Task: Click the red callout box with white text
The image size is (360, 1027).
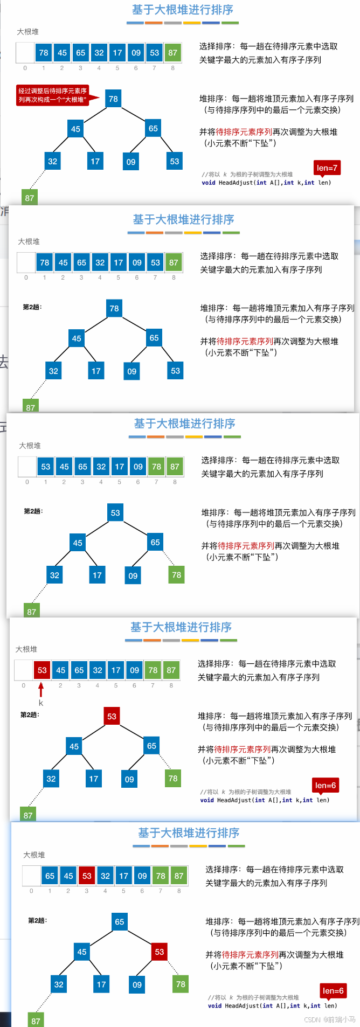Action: [x=53, y=95]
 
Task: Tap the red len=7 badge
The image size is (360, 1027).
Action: [x=327, y=168]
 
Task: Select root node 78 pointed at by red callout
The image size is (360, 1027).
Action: [x=113, y=99]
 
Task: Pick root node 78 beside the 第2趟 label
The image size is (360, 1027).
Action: [x=114, y=308]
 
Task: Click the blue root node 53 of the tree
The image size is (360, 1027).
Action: [x=115, y=512]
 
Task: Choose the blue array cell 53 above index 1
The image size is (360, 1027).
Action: [x=46, y=467]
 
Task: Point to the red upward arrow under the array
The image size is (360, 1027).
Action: [x=41, y=690]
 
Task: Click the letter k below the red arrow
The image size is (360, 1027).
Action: [x=41, y=703]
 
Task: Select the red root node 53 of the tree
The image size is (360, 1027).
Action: [x=112, y=716]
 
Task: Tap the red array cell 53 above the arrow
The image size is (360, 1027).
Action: [x=42, y=670]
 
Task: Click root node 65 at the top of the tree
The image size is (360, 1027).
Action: [x=120, y=921]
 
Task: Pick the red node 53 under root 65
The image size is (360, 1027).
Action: [x=160, y=952]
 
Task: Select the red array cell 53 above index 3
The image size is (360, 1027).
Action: [x=87, y=876]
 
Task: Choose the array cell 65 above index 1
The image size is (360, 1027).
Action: [x=50, y=876]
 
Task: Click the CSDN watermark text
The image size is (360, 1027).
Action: [x=329, y=1019]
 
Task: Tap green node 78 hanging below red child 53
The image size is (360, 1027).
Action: [x=181, y=984]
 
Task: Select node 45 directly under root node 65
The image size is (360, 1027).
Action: [x=82, y=952]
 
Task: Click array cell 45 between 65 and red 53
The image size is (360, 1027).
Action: [x=68, y=876]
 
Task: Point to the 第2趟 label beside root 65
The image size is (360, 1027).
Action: [x=37, y=920]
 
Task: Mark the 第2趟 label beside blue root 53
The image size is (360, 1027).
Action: [x=33, y=511]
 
